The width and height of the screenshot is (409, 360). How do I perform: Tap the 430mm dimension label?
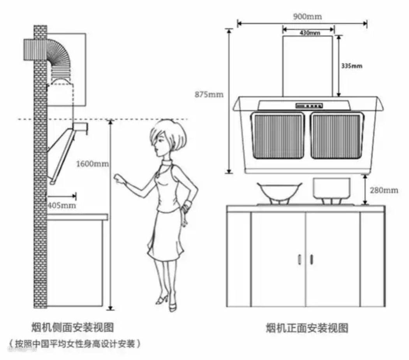tap(310, 33)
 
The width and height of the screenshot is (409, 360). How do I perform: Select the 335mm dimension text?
tap(351, 66)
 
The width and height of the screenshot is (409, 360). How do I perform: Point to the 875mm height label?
tap(210, 94)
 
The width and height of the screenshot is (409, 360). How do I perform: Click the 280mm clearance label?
tap(384, 190)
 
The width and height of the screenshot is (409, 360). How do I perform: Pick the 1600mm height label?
tap(92, 163)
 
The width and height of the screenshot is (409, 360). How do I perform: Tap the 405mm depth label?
tap(62, 205)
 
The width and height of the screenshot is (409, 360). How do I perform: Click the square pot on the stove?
tap(332, 188)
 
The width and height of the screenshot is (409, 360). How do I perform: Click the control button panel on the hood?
tap(309, 105)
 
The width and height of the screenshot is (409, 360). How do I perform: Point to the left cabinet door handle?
tap(299, 259)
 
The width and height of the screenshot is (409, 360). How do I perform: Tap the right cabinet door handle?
tap(311, 259)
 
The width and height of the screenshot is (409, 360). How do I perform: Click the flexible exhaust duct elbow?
tap(60, 58)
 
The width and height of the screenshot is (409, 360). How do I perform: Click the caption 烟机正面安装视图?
tap(307, 328)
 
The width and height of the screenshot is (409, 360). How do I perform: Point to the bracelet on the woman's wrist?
tap(188, 205)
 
